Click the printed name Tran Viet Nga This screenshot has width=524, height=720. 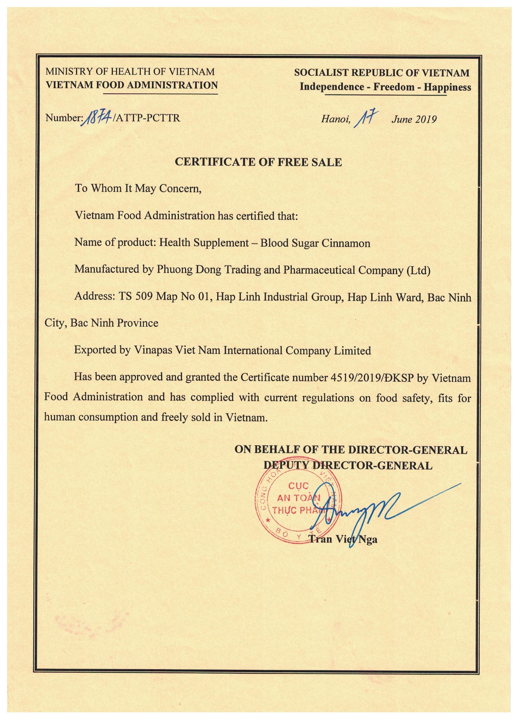click(343, 539)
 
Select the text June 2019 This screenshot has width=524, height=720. click(414, 119)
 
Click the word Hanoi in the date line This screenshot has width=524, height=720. click(336, 119)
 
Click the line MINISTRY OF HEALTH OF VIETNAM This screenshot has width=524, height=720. click(130, 71)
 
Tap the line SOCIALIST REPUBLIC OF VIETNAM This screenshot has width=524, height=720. click(382, 73)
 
